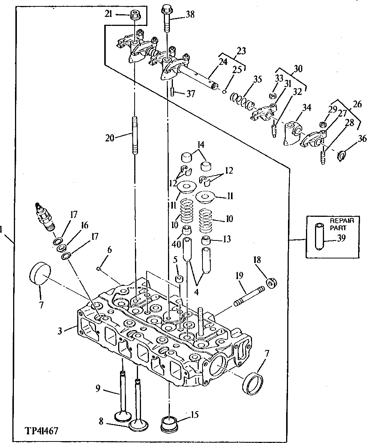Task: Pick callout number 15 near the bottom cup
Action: [x=194, y=415]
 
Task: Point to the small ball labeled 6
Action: [x=98, y=269]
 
